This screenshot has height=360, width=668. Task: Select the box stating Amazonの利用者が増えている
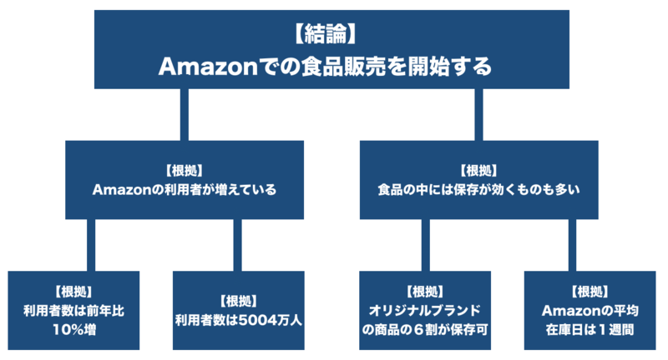(x=184, y=179)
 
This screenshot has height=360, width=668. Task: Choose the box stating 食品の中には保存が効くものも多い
(x=478, y=179)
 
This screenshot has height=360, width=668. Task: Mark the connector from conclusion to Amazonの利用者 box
(x=184, y=114)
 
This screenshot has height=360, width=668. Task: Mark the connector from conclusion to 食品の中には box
(x=479, y=114)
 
